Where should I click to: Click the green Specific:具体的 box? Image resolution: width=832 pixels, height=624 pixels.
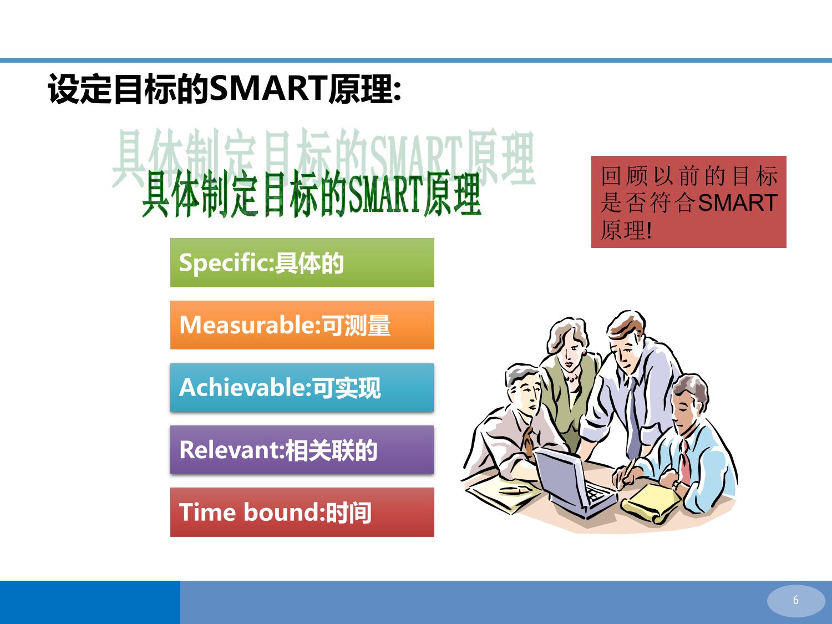[x=302, y=262]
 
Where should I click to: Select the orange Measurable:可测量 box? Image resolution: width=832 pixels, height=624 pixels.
[x=302, y=325]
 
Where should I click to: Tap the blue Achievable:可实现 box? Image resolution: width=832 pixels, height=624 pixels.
[x=302, y=387]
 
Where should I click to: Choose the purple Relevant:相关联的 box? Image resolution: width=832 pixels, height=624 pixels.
[x=302, y=449]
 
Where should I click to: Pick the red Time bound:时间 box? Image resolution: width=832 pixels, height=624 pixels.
[x=302, y=512]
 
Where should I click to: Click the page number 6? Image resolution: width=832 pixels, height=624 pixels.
[x=795, y=600]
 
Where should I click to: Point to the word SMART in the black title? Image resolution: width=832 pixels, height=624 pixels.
[x=269, y=88]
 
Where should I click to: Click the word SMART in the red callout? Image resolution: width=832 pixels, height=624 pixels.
[x=738, y=202]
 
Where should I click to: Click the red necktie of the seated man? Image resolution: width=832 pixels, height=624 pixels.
[x=686, y=463]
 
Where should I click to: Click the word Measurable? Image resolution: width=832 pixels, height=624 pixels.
[x=247, y=325]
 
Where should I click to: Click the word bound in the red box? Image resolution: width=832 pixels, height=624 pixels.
[x=281, y=512]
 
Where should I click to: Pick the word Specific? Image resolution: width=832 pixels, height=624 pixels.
[x=224, y=263]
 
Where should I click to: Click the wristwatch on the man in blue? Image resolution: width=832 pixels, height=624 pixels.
[x=677, y=485]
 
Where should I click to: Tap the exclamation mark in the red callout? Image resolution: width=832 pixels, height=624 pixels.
[x=650, y=230]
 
